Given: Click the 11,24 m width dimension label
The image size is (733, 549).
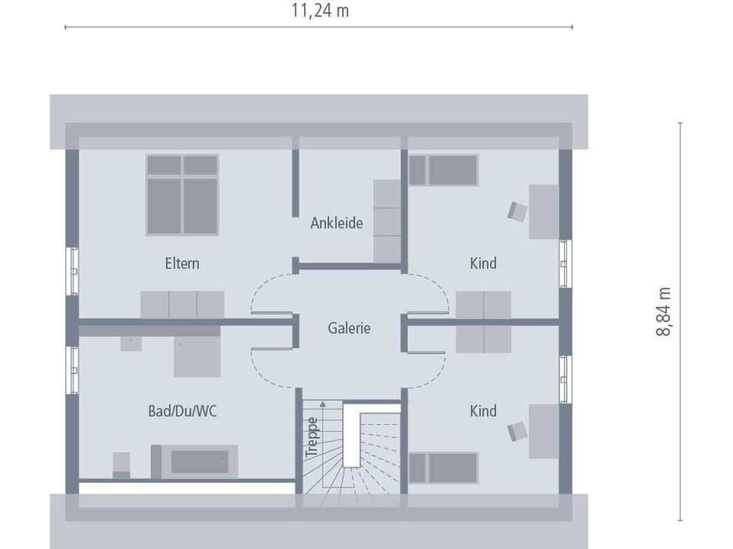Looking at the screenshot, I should click(x=319, y=11).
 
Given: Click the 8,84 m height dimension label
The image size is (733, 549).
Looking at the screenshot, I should click(x=664, y=312).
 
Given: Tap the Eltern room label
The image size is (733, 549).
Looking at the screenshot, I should click(x=182, y=264).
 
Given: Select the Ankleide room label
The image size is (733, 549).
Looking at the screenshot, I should click(x=336, y=224).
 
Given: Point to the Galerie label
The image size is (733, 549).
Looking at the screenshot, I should click(x=349, y=328).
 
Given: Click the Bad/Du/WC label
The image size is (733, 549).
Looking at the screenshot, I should click(x=182, y=411).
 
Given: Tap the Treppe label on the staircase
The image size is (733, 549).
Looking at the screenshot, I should click(x=312, y=437).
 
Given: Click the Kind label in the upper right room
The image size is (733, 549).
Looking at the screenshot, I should click(x=483, y=264).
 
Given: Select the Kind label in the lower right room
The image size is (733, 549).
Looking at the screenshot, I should click(x=483, y=411).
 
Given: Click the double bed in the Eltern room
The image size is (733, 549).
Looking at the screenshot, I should click(x=182, y=194).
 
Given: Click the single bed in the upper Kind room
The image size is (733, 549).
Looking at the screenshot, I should click(x=443, y=170).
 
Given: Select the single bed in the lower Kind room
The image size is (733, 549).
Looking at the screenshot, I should click(x=443, y=467).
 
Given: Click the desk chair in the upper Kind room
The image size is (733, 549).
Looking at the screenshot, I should click(x=517, y=210).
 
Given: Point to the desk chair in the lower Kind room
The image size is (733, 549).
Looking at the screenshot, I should click(x=517, y=431).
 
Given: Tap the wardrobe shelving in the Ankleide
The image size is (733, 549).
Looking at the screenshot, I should click(x=387, y=221).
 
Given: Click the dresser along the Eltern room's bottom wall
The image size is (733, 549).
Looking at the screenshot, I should click(x=182, y=304).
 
